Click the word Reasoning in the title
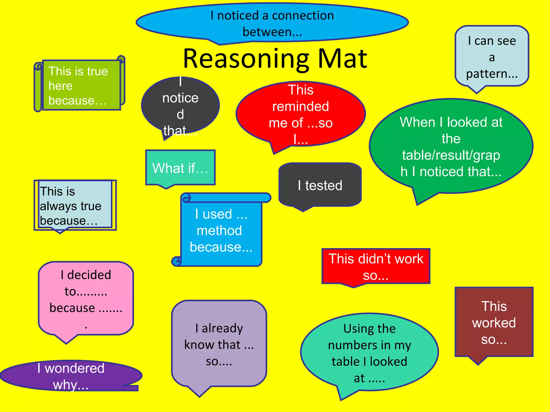pos(246,60)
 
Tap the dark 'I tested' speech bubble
pos(320,185)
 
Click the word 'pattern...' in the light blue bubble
pos(492,73)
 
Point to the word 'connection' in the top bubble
pos(303,16)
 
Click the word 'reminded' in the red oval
pos(301,106)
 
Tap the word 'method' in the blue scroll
pos(219,231)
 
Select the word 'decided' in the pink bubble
pos(89,275)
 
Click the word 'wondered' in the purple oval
pos(74,368)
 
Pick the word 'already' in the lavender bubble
pos(222,328)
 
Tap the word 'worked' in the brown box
pos(494,323)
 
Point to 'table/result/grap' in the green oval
pos(451,155)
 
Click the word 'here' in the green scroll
pos(60,86)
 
